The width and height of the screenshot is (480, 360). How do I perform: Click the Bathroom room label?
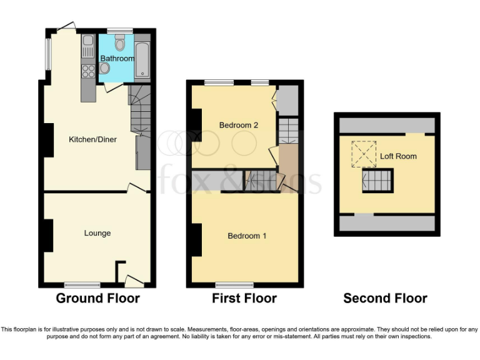click(x=117, y=59)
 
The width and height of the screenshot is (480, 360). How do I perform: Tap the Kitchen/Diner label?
click(x=92, y=139)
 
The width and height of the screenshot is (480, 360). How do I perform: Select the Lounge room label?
click(x=97, y=233)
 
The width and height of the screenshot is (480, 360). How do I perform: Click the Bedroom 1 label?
click(x=247, y=236)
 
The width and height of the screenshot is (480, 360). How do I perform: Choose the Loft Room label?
click(x=398, y=156)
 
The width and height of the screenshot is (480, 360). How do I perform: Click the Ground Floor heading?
click(x=98, y=298)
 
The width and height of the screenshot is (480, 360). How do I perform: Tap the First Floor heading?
click(x=244, y=298)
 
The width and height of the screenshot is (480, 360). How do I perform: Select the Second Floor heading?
click(x=386, y=298)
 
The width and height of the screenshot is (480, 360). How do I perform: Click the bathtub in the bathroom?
click(x=142, y=60)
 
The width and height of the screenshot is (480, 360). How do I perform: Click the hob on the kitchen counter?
click(x=87, y=71)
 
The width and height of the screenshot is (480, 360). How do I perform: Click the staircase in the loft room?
click(x=376, y=182)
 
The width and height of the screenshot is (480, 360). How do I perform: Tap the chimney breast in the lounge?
click(x=47, y=236)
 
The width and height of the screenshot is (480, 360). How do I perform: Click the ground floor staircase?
click(x=140, y=109)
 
